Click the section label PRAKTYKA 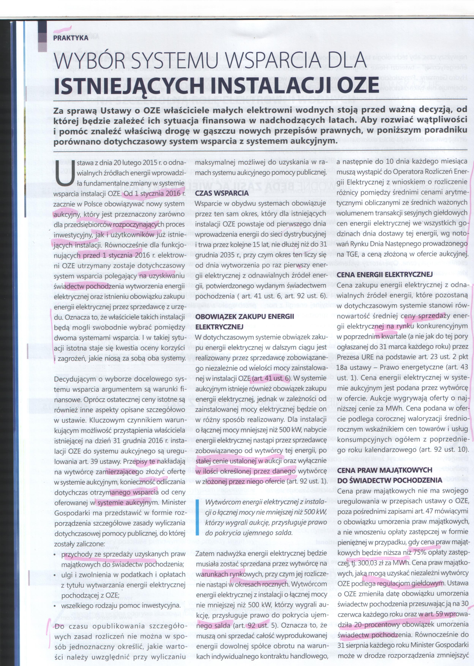(x=71, y=38)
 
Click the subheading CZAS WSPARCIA (x=222, y=193)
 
